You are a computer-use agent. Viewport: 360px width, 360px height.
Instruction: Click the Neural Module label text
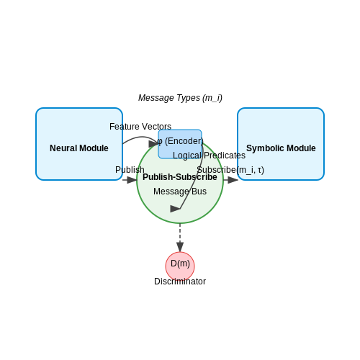pyautogui.click(x=79, y=148)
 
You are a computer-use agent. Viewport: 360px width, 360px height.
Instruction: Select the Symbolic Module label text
pyautogui.click(x=281, y=148)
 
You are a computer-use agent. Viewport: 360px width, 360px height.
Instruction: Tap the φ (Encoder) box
pyautogui.click(x=180, y=144)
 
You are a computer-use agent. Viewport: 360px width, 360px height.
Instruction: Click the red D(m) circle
pyautogui.click(x=180, y=266)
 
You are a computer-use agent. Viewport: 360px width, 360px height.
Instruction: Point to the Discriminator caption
pyautogui.click(x=180, y=282)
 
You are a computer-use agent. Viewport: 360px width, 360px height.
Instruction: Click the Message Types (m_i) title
pyautogui.click(x=180, y=98)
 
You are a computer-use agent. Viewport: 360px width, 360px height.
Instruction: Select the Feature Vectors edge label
pyautogui.click(x=140, y=127)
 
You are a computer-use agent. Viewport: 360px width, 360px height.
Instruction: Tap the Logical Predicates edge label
pyautogui.click(x=209, y=156)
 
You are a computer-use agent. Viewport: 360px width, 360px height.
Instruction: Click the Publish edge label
pyautogui.click(x=130, y=170)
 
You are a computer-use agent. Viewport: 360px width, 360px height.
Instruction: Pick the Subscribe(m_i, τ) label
pyautogui.click(x=230, y=170)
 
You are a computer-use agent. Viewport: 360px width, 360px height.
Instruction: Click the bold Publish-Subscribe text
pyautogui.click(x=180, y=177)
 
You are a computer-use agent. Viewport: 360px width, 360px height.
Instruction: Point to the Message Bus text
pyautogui.click(x=180, y=192)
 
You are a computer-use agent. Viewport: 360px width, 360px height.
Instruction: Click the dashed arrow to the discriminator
pyautogui.click(x=180, y=238)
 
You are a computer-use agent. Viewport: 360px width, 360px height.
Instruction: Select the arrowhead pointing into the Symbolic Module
pyautogui.click(x=233, y=180)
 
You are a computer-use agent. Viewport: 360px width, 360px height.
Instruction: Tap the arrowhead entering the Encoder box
pyautogui.click(x=153, y=144)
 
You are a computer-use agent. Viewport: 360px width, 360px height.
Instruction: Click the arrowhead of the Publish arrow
pyautogui.click(x=132, y=180)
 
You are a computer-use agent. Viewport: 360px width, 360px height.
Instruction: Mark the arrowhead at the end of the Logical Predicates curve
pyautogui.click(x=175, y=209)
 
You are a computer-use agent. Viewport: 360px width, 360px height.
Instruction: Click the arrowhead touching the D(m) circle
pyautogui.click(x=180, y=247)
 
